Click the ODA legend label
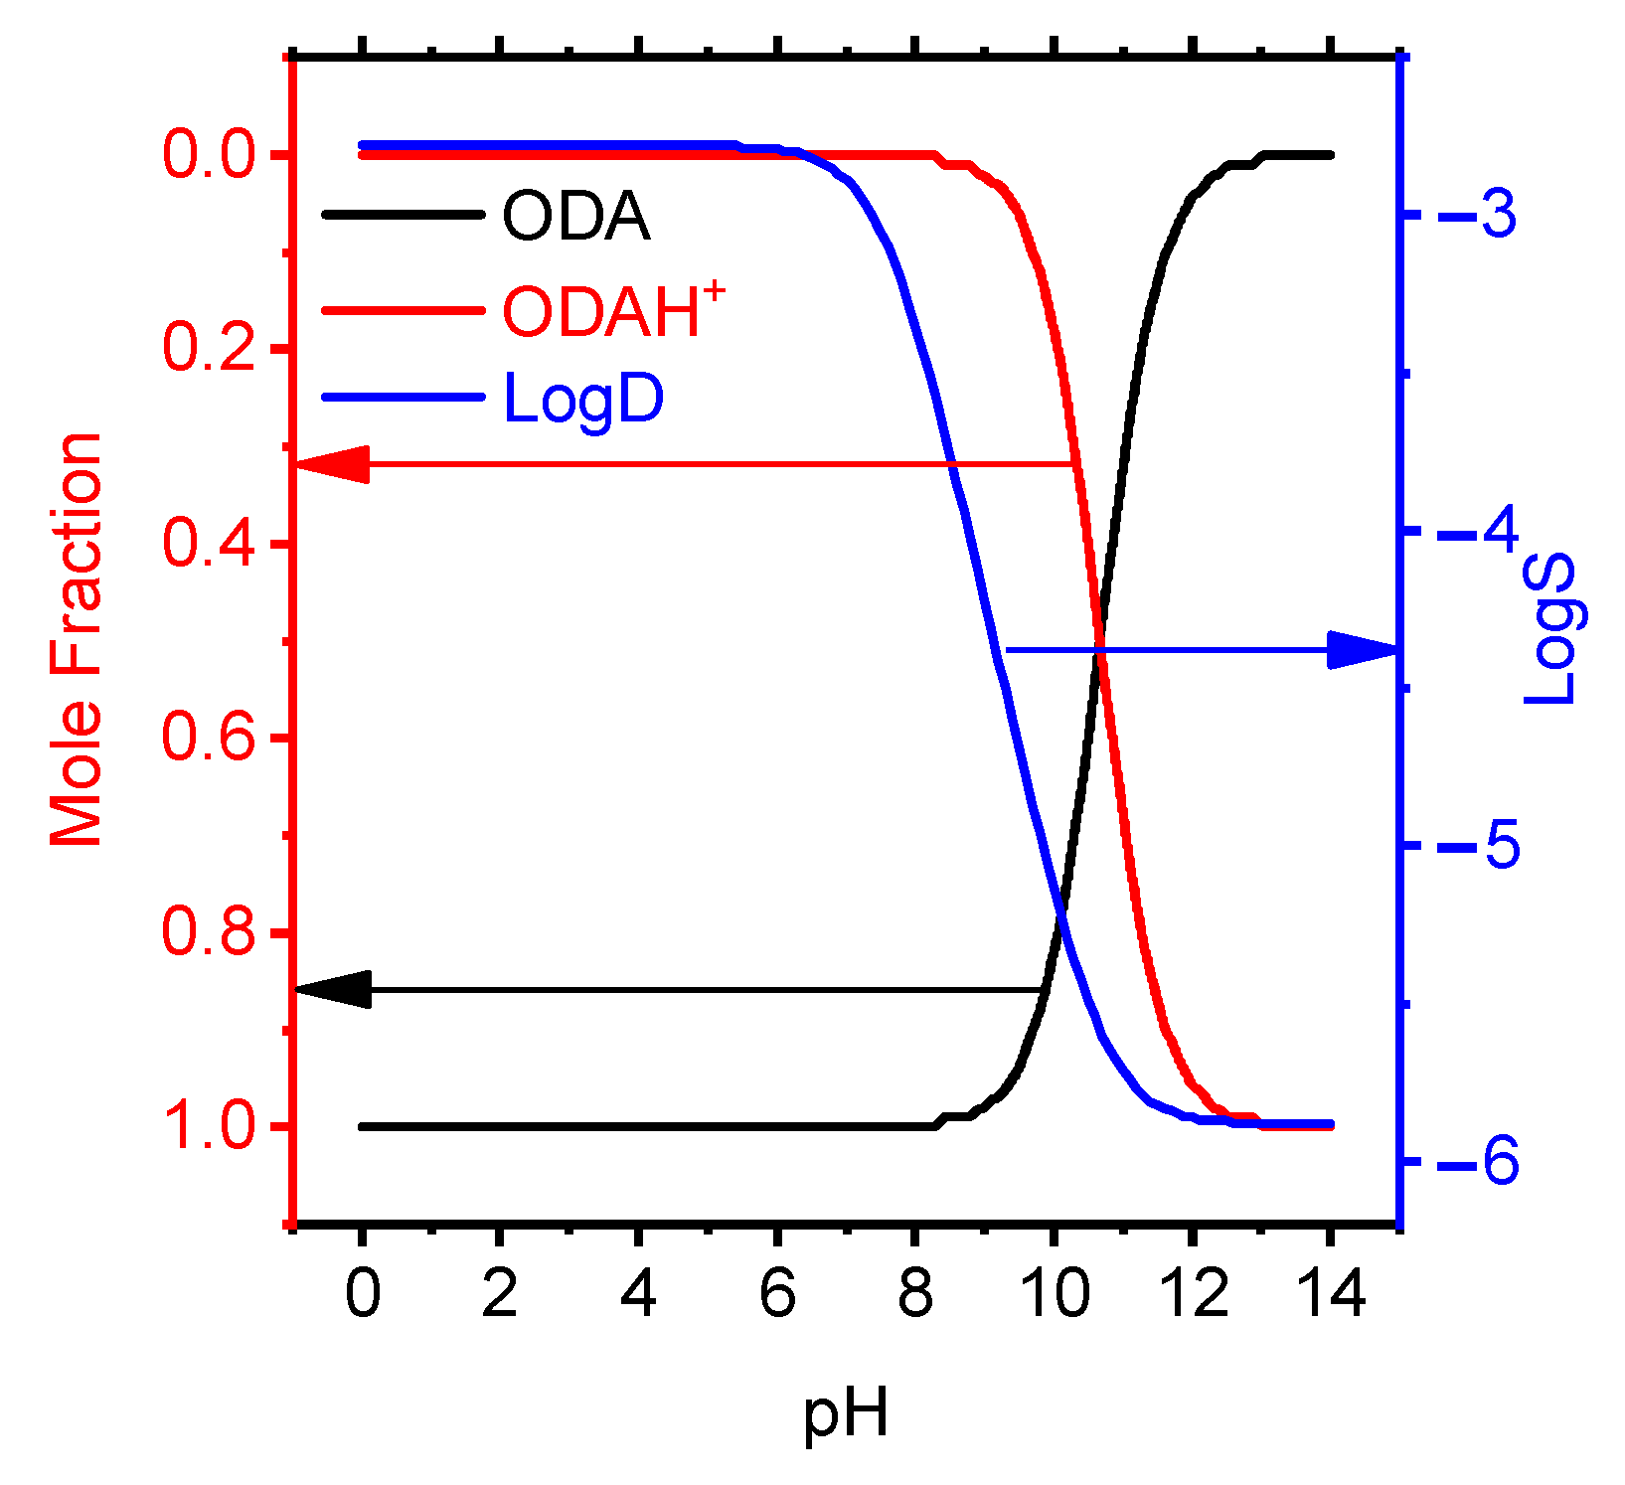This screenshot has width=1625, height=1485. click(575, 216)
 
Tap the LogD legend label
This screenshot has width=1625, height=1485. click(583, 400)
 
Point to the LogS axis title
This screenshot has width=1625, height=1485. click(1551, 630)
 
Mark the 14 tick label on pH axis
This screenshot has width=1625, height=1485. click(1331, 1294)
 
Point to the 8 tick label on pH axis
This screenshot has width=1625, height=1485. click(914, 1294)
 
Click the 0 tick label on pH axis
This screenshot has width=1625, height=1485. click(363, 1294)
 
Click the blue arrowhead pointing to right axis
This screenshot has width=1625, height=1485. click(1364, 650)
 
